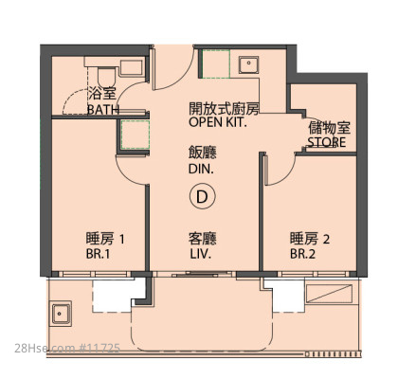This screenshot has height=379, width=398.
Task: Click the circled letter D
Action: pos(202,196)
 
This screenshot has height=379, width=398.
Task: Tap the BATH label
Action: pos(103,110)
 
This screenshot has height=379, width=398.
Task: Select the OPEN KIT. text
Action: pos(218,122)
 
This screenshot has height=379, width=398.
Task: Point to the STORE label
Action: pos(327,142)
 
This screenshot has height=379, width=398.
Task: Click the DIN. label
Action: pos(201,169)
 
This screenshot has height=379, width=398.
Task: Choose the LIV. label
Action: pos(201,254)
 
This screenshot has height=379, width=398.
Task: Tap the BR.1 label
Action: pos(98,254)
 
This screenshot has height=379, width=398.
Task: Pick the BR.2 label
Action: pos(302,254)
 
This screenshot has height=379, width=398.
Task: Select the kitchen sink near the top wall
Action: pos(248,64)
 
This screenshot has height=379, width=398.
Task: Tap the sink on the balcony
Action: pos(60,314)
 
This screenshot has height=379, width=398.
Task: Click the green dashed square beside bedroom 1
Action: pos(136,135)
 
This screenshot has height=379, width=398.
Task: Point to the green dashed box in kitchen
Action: pos(216,63)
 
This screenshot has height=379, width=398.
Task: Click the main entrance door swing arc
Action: pos(182,80)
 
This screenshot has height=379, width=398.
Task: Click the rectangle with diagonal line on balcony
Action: pos(329,294)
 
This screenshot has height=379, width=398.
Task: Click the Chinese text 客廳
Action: pos(203,239)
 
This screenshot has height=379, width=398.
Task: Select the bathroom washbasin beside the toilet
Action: pos(131,67)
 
